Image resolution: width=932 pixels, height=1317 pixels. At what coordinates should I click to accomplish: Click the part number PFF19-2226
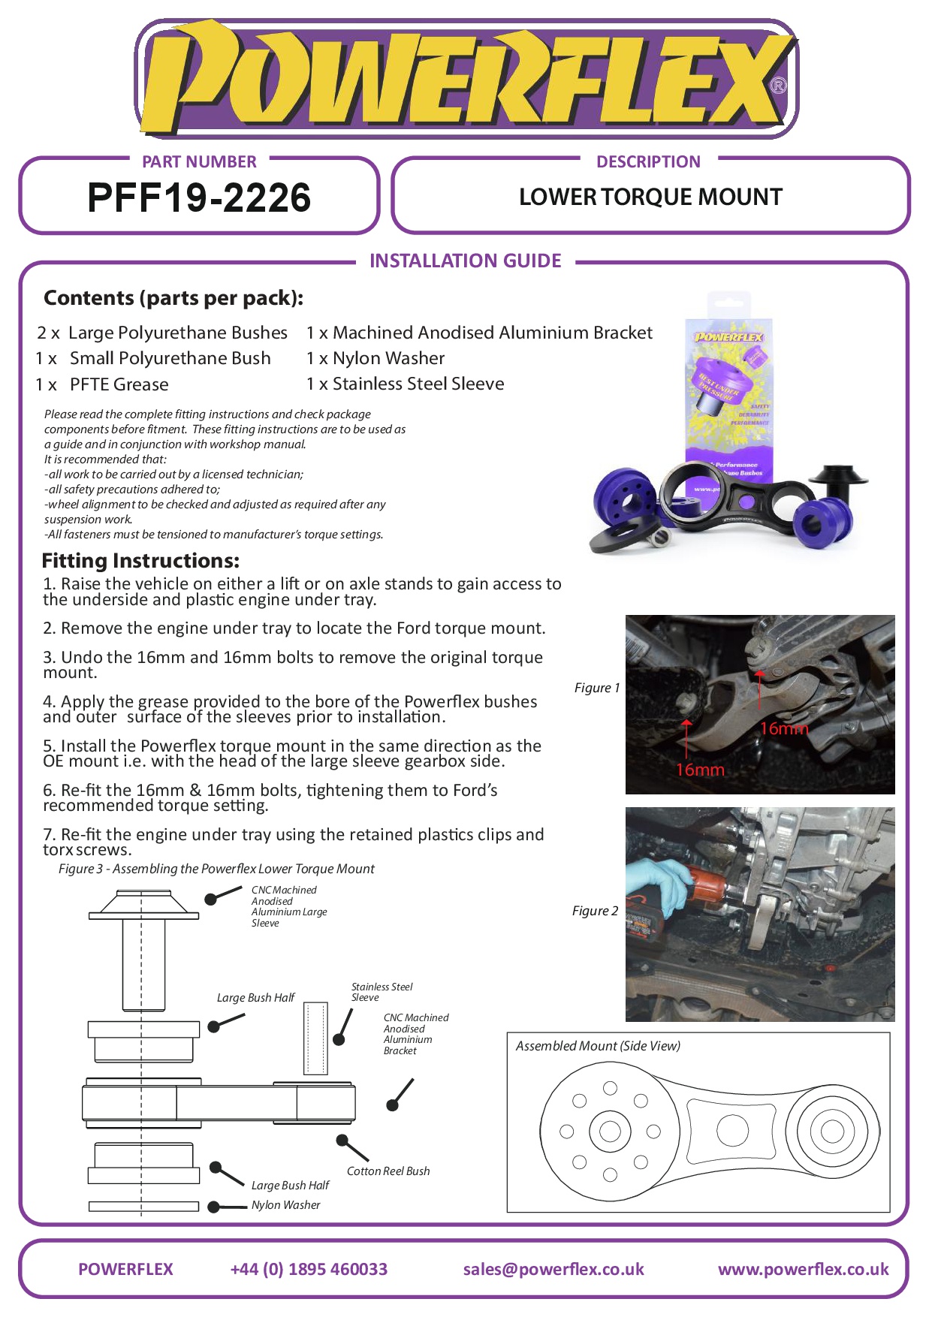pos(199,198)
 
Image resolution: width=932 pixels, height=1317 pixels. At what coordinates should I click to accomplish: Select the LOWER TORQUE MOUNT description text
pos(650,197)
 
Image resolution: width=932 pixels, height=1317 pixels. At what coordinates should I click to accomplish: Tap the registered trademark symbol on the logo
pos(779,86)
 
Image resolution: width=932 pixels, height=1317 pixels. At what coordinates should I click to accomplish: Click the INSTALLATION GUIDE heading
pos(465,261)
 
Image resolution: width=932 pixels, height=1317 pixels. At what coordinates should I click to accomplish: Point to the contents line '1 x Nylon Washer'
pos(376,358)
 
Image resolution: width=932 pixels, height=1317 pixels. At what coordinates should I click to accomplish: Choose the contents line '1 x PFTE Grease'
pos(103,384)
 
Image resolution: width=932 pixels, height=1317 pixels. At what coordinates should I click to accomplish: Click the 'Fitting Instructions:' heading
pos(141,560)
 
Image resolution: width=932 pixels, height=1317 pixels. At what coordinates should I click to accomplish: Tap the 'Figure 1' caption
pos(596,688)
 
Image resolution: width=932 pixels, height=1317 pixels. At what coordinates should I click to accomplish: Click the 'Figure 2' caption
pos(595,911)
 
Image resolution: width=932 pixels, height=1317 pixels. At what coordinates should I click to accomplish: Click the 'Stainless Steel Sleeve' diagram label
pos(382,992)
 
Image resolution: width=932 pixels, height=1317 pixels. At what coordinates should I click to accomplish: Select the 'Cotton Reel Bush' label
pos(388,1171)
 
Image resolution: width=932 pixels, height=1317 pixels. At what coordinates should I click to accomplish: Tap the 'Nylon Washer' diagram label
pos(285,1205)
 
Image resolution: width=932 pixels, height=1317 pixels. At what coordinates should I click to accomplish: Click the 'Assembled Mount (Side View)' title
pos(598,1046)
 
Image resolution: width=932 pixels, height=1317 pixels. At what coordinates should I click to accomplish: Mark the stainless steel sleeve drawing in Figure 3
pos(316,1038)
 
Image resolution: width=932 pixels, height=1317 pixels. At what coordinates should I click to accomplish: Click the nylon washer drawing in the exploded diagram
pos(143,1207)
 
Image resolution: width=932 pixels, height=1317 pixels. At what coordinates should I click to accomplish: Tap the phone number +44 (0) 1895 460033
pos(309,1269)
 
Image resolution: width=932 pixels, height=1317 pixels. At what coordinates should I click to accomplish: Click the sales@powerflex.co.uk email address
pos(553,1269)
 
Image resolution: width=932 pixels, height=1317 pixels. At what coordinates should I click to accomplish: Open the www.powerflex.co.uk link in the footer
pos(803,1269)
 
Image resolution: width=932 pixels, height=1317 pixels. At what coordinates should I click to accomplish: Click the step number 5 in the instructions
pos(48,746)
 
